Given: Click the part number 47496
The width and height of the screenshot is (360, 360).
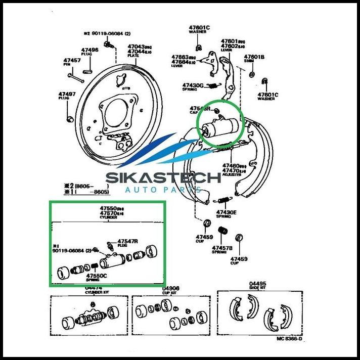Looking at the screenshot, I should (x=89, y=50).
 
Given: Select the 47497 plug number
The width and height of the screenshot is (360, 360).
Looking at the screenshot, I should (x=67, y=94).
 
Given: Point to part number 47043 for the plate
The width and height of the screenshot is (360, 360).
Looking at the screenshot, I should (x=134, y=46).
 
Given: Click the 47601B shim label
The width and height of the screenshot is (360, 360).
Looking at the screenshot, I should (x=254, y=57).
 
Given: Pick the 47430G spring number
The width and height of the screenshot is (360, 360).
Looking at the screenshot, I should (x=193, y=85).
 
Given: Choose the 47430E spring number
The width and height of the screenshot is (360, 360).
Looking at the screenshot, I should (x=226, y=212).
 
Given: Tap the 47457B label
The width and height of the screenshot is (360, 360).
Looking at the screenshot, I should (x=222, y=248).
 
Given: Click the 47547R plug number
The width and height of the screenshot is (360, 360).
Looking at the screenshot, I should (x=127, y=241).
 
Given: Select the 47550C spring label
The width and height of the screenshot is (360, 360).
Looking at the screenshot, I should (x=96, y=276).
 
